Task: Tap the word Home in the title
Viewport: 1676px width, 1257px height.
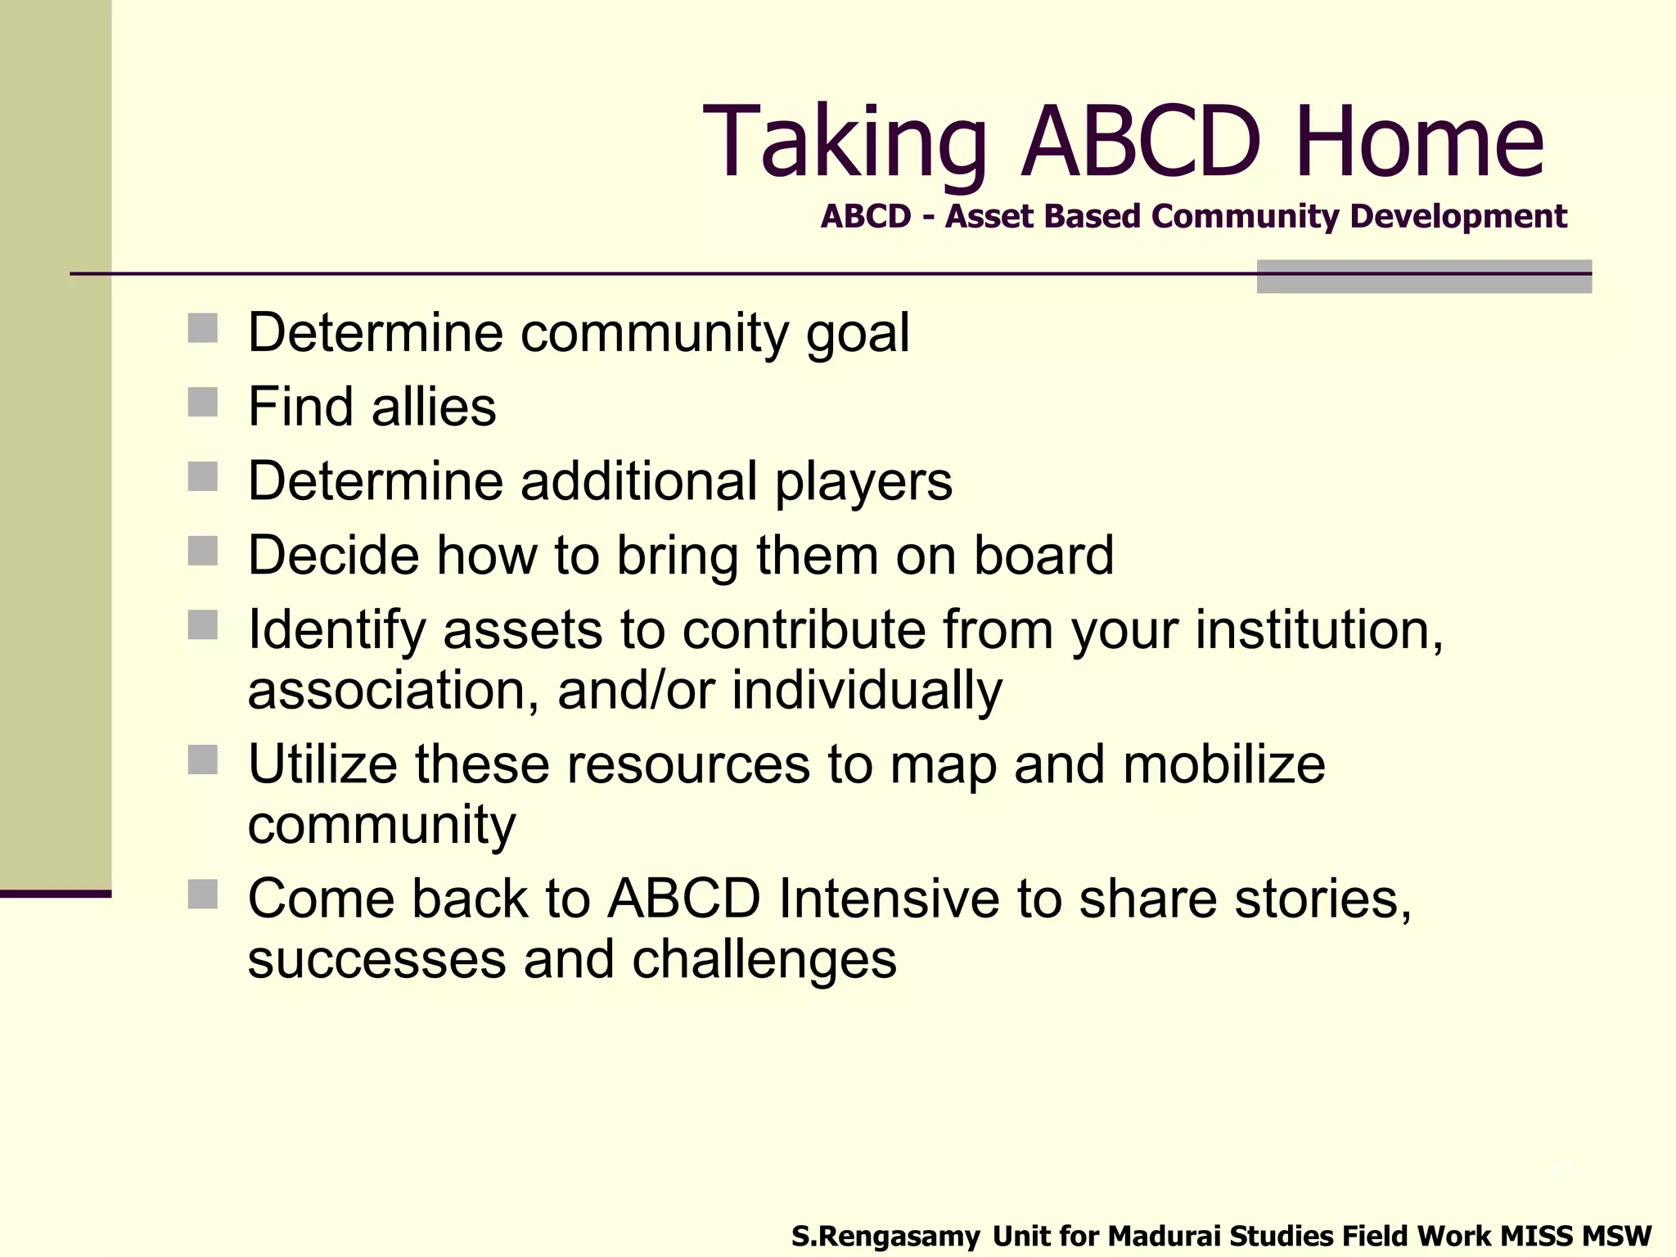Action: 1419,143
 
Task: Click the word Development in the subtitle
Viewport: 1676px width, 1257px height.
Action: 1457,217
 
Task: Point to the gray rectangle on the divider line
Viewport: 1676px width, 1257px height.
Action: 1423,277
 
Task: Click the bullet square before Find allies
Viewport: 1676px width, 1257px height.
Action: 202,403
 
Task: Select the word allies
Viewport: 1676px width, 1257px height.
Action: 434,407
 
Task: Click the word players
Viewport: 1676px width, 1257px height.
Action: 863,481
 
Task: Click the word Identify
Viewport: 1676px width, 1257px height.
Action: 336,630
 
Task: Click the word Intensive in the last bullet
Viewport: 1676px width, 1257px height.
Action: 888,899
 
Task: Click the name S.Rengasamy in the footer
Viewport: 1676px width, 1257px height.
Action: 885,1236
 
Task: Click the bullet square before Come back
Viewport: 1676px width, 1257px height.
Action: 202,894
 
